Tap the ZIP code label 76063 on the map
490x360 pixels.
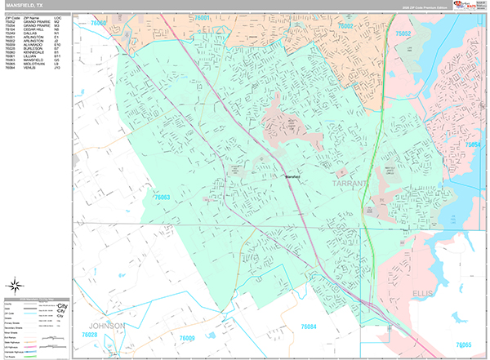pos(161,197)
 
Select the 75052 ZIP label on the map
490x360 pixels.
pos(403,33)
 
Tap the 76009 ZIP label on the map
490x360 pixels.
pos(188,338)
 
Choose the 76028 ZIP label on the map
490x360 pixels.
pos(91,335)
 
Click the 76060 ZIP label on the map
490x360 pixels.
pos(99,24)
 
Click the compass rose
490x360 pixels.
pos(13,286)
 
